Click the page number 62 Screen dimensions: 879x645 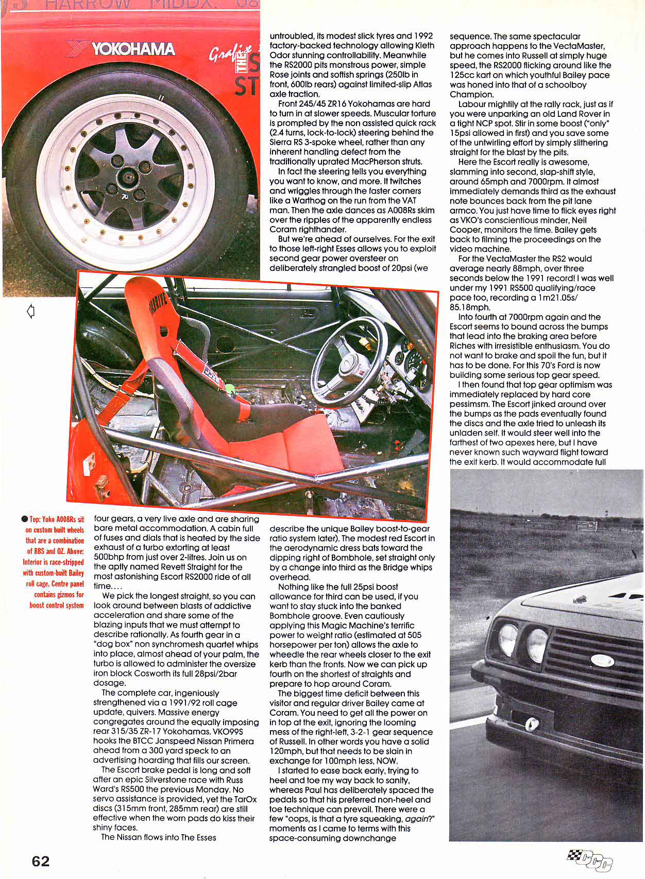point(41,861)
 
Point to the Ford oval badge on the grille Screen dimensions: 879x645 point(602,660)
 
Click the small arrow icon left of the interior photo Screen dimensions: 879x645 point(31,311)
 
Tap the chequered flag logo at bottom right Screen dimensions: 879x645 point(590,860)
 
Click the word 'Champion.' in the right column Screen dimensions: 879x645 point(471,95)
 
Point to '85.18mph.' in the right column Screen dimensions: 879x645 point(470,307)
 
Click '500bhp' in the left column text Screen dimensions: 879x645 point(109,557)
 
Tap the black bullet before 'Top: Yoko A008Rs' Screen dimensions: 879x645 point(25,519)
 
